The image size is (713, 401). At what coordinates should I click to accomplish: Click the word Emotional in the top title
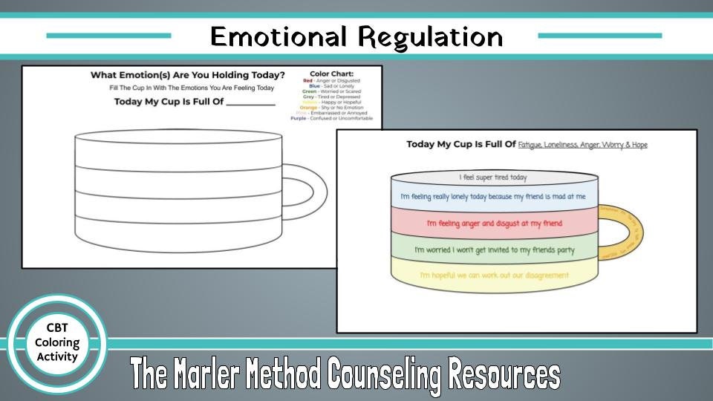pyautogui.click(x=277, y=36)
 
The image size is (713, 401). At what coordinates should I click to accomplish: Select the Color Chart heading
pyautogui.click(x=331, y=74)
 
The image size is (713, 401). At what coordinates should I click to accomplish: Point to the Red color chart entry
pyautogui.click(x=331, y=80)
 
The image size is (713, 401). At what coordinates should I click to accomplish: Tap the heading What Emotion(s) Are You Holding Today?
pyautogui.click(x=187, y=75)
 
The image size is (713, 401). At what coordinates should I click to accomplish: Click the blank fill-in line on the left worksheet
pyautogui.click(x=250, y=104)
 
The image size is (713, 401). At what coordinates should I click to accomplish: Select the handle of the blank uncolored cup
pyautogui.click(x=308, y=190)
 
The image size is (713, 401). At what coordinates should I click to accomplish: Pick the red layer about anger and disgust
pyautogui.click(x=494, y=223)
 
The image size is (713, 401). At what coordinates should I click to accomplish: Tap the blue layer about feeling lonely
pyautogui.click(x=494, y=197)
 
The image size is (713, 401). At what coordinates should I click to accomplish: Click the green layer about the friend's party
pyautogui.click(x=494, y=250)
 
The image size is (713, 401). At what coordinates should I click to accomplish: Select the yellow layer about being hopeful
pyautogui.click(x=494, y=276)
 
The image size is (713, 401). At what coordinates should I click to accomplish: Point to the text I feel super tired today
pyautogui.click(x=493, y=178)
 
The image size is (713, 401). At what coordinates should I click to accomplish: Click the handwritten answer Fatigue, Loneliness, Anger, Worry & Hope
pyautogui.click(x=582, y=145)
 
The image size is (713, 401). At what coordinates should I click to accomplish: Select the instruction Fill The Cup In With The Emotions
pyautogui.click(x=187, y=88)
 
